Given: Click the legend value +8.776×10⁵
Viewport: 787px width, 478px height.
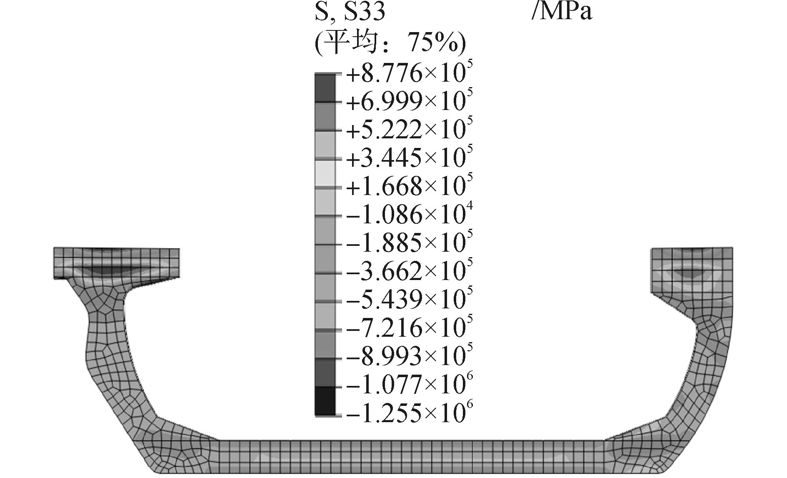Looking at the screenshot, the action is click(x=410, y=74).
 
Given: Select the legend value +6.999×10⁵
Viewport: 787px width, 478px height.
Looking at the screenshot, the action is click(x=410, y=102).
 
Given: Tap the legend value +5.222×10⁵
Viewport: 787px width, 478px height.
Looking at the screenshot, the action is click(x=410, y=130).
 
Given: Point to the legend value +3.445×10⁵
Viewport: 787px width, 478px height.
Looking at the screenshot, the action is click(x=410, y=158).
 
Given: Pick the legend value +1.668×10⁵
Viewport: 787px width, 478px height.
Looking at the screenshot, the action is click(x=410, y=187).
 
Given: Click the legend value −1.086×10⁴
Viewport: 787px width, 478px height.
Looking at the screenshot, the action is click(x=410, y=215).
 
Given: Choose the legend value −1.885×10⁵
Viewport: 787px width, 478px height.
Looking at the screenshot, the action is click(x=410, y=243).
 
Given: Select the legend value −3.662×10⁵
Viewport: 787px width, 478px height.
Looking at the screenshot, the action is click(x=410, y=272).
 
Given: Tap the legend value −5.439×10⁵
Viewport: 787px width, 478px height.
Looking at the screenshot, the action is click(x=410, y=300).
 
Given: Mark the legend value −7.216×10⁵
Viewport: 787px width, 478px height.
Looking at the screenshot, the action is click(x=410, y=328).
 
